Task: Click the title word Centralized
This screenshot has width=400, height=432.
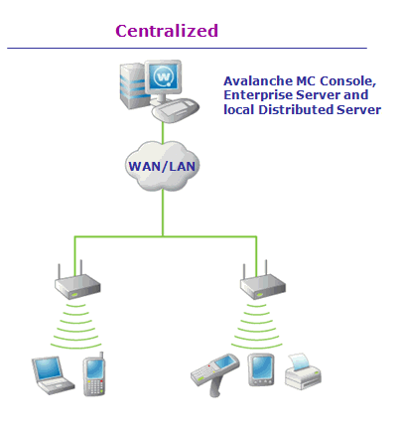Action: [x=167, y=31]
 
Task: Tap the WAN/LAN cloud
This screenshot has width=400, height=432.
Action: [x=163, y=167]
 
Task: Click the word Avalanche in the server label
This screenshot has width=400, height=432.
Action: [x=257, y=81]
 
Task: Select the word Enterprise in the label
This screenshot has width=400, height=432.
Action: [x=258, y=95]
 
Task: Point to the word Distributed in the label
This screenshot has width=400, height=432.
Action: [x=296, y=109]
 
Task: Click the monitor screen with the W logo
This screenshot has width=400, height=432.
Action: [x=164, y=77]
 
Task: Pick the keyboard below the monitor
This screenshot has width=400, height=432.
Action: [x=176, y=110]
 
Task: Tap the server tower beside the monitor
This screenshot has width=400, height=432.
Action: [x=133, y=85]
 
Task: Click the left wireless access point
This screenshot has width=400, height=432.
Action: [x=77, y=282]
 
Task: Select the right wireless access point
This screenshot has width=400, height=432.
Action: [x=263, y=282]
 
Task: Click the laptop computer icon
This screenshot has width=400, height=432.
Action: [x=53, y=375]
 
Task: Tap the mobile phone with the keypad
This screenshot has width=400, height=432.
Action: [x=94, y=374]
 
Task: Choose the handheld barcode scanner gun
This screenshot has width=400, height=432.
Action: [x=214, y=373]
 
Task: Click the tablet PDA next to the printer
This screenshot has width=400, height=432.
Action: [x=261, y=369]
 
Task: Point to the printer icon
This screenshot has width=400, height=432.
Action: [x=303, y=371]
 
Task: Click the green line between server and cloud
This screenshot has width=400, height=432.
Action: [x=163, y=132]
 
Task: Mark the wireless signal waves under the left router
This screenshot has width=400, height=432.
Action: [x=76, y=326]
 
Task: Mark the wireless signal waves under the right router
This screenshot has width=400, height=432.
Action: [x=257, y=326]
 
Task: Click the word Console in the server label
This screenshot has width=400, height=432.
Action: [x=347, y=81]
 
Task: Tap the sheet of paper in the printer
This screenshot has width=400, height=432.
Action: [x=299, y=360]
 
